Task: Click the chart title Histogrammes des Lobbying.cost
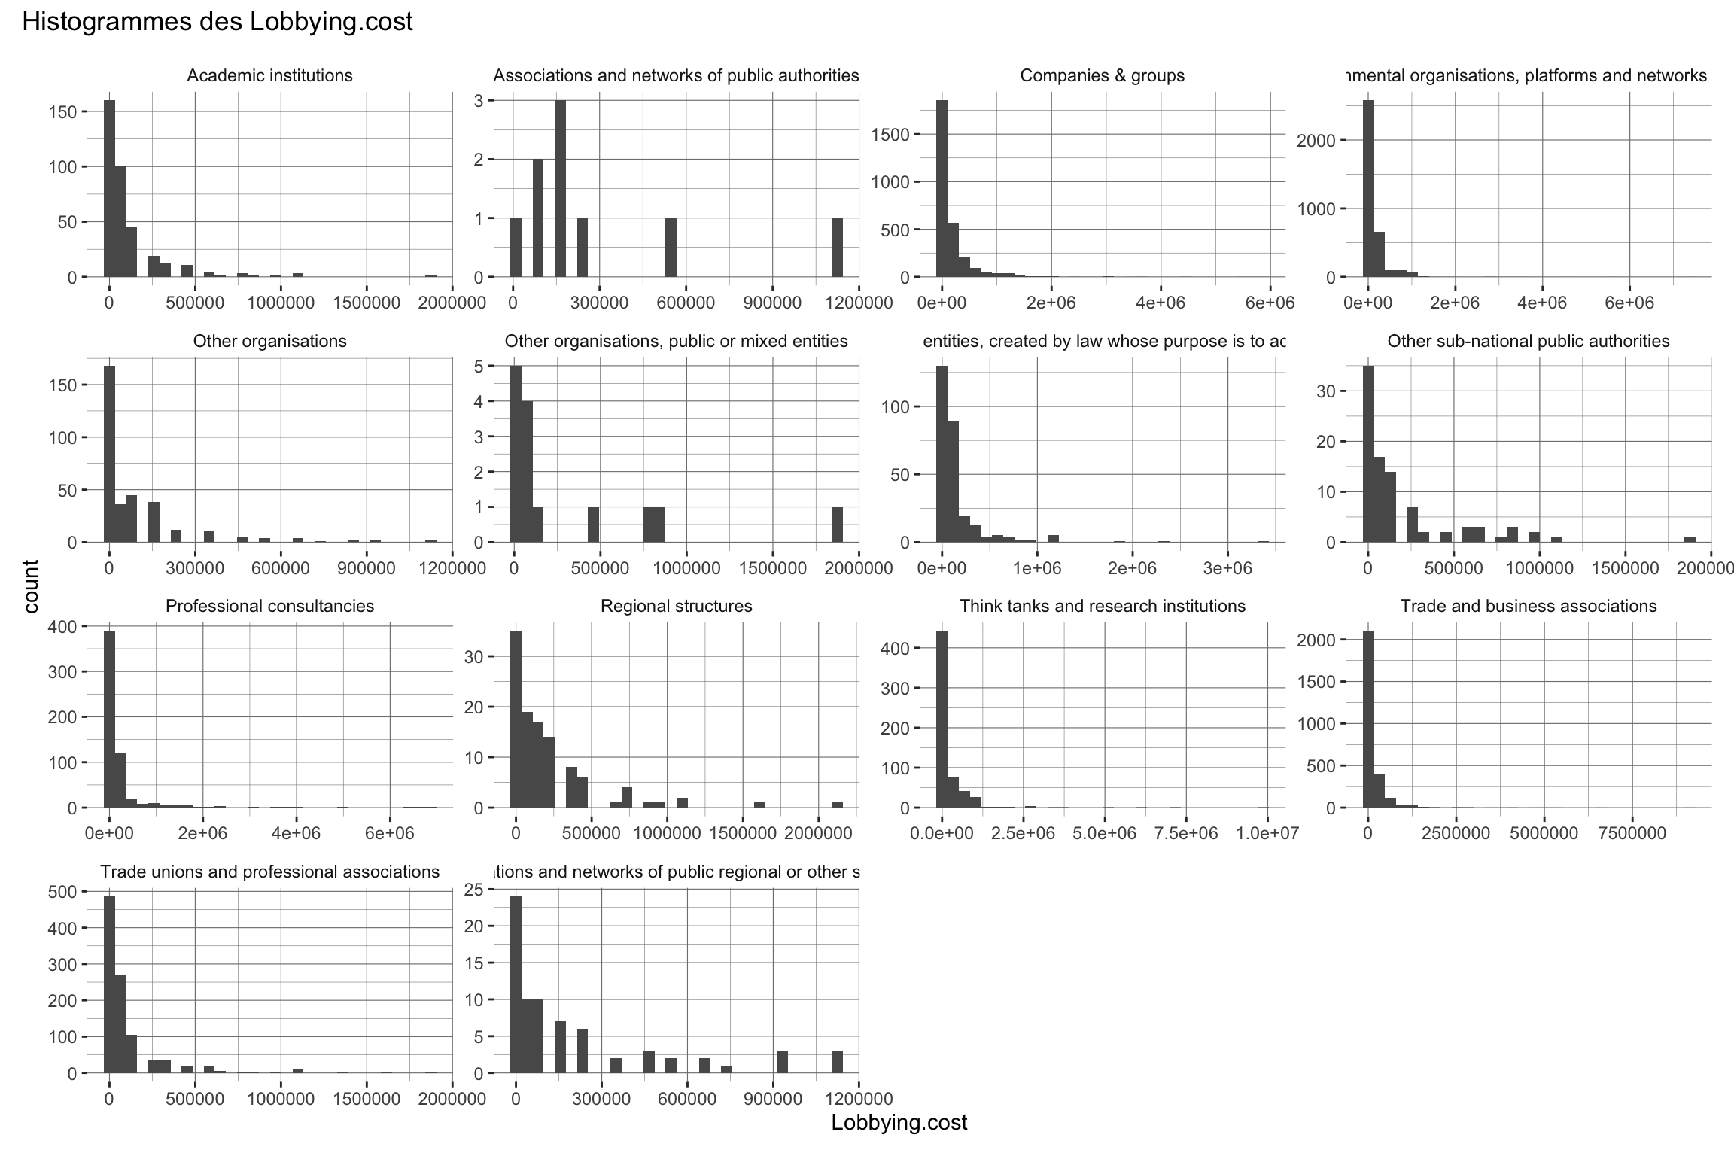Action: (x=218, y=22)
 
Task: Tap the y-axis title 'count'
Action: (x=31, y=586)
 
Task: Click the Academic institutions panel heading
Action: (x=269, y=75)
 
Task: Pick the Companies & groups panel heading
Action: (x=1102, y=75)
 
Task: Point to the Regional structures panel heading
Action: (x=676, y=606)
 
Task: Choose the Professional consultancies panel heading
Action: (x=269, y=606)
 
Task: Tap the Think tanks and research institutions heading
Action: (x=1102, y=606)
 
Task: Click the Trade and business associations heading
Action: (x=1528, y=606)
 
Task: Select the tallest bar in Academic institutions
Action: (x=109, y=188)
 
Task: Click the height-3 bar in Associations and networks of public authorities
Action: (x=560, y=188)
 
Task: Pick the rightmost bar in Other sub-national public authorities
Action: (x=1690, y=540)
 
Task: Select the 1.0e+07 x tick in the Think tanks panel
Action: (x=1267, y=833)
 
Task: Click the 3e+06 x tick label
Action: (x=1227, y=568)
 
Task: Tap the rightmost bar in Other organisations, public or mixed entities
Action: (x=837, y=525)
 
